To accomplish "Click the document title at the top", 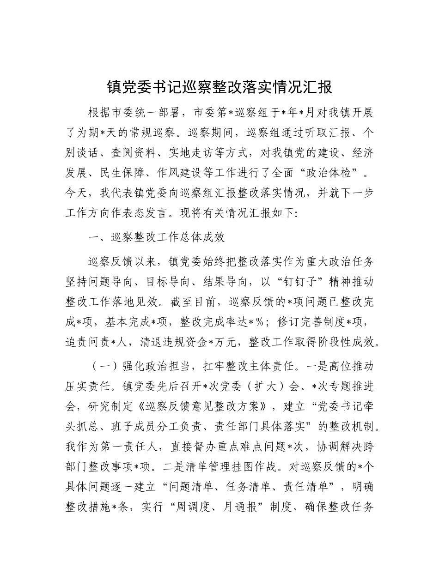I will click(219, 87).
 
